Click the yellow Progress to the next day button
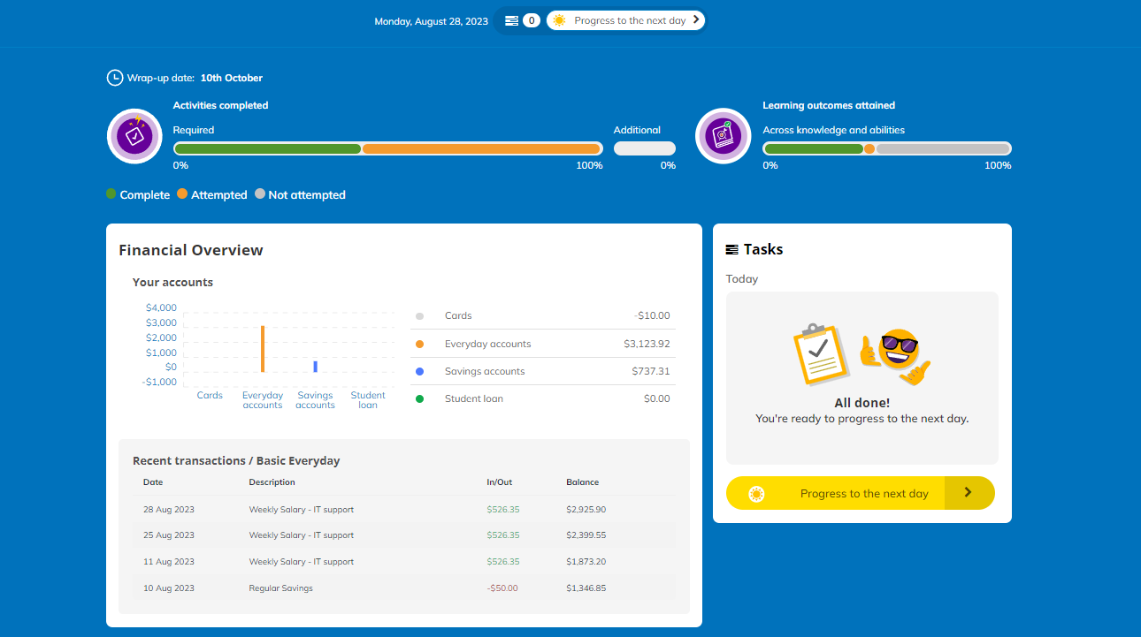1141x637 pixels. [x=860, y=493]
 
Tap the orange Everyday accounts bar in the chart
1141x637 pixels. [x=263, y=349]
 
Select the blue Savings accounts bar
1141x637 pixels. [x=315, y=367]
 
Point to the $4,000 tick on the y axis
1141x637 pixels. [x=161, y=307]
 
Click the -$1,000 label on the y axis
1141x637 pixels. [x=159, y=382]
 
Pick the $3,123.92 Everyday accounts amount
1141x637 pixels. [x=647, y=344]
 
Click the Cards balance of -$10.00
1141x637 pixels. [x=652, y=315]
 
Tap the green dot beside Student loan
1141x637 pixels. [x=420, y=398]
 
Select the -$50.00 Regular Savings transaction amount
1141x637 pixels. [x=502, y=588]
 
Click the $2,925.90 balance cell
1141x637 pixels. [x=586, y=509]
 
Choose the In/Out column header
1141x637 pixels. [x=499, y=482]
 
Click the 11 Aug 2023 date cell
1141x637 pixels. [x=169, y=562]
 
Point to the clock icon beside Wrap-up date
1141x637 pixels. [x=115, y=78]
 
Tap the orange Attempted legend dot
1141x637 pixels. [x=182, y=193]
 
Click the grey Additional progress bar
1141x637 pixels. [x=645, y=148]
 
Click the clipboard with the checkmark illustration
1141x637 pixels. [x=821, y=354]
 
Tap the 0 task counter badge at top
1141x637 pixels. [x=532, y=20]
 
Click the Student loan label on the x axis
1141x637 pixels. [x=368, y=400]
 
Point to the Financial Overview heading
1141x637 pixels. [x=191, y=250]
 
